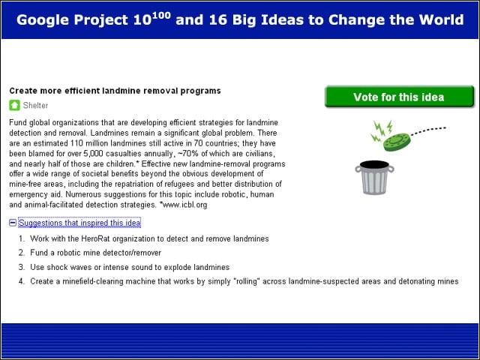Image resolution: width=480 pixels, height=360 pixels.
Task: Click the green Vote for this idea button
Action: point(399,97)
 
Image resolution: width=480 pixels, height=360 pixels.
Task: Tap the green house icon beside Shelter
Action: point(14,105)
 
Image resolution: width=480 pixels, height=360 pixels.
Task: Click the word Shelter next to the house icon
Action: point(35,105)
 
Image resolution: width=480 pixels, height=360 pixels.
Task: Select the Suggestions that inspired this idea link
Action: point(79,223)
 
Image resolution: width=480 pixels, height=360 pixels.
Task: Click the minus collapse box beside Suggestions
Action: point(13,223)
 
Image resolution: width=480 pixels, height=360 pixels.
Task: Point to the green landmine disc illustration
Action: point(397,142)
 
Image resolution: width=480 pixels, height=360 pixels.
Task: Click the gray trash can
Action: point(374,178)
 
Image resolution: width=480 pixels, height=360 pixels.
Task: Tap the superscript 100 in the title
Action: point(161,15)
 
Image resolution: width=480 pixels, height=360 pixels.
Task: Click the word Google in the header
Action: point(43,20)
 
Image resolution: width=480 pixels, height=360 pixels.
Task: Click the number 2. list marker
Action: point(22,253)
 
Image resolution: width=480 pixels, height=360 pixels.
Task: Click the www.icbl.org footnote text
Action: point(184,205)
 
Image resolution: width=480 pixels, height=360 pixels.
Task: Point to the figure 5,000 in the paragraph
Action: point(93,153)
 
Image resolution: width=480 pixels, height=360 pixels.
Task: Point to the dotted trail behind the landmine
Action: point(428,130)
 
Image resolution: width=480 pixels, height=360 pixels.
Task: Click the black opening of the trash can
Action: point(374,165)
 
